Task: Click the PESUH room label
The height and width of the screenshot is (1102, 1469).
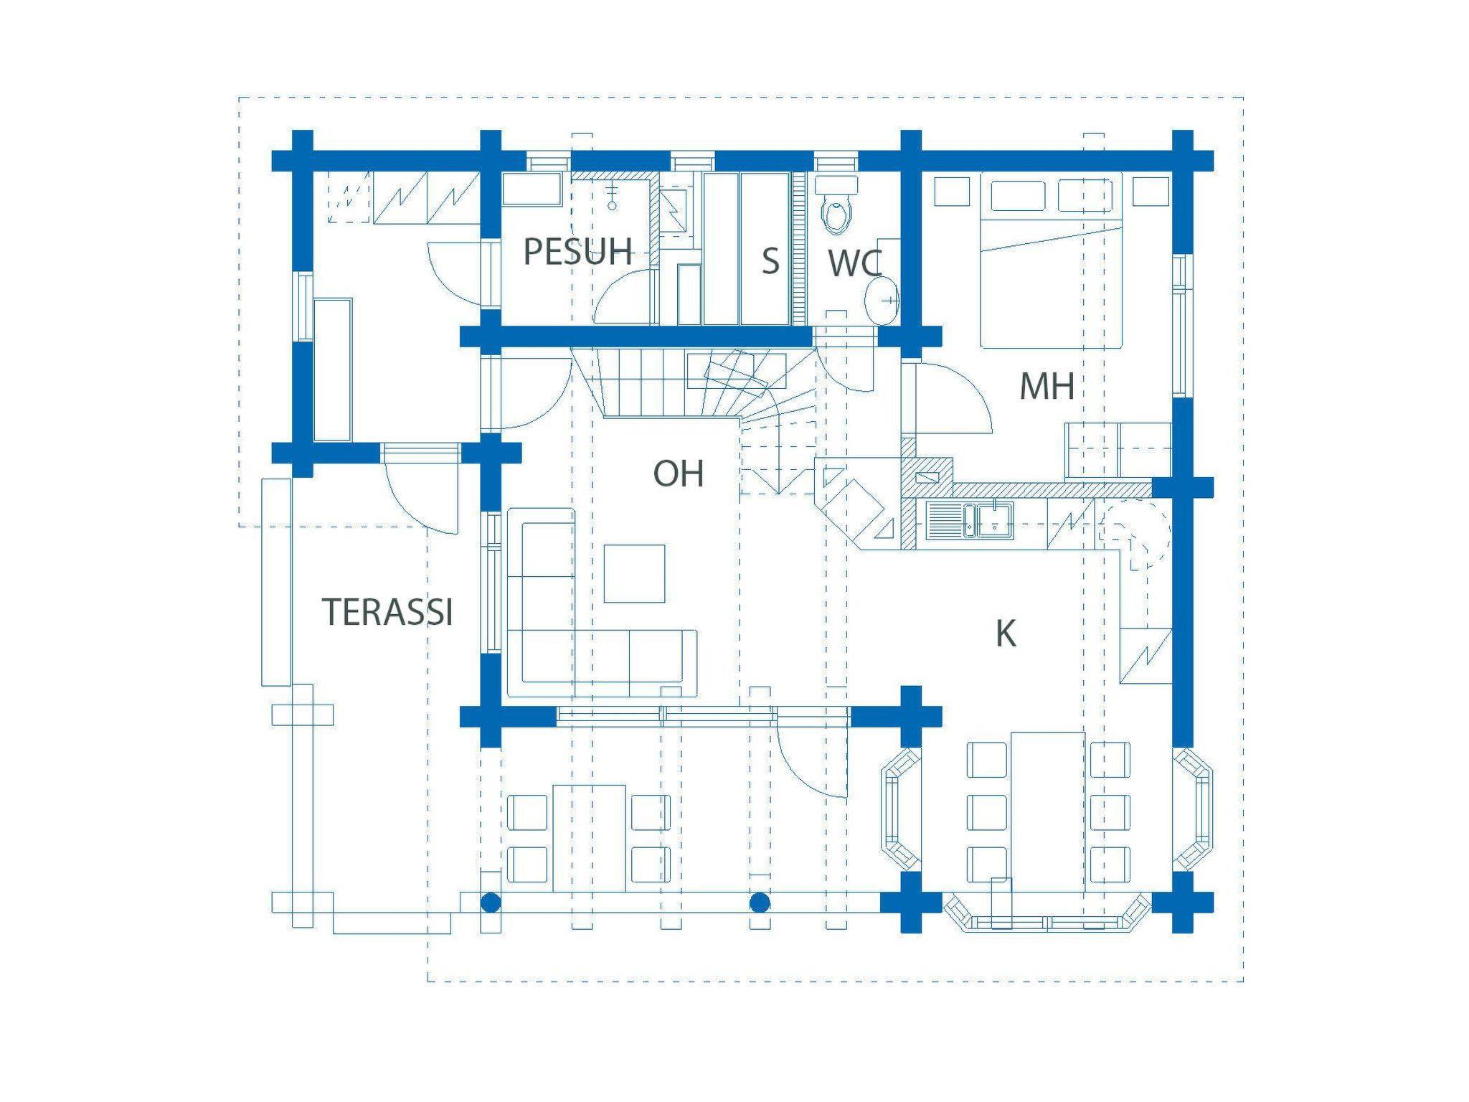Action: tap(578, 252)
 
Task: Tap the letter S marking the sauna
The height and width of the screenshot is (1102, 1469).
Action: tap(770, 261)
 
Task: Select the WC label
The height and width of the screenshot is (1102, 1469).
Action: tap(854, 263)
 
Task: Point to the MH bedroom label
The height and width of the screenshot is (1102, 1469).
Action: tap(1047, 387)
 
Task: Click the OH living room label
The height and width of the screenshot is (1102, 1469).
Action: tap(678, 474)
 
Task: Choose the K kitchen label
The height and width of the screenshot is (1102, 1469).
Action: tap(1006, 634)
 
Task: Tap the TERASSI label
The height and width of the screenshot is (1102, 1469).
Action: tap(387, 612)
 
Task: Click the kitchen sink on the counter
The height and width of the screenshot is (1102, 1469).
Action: tap(969, 520)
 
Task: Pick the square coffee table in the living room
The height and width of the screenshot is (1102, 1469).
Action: tap(634, 573)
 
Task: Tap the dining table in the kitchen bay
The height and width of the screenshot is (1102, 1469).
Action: tap(1047, 811)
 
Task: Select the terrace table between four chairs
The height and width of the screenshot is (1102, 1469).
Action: tap(590, 838)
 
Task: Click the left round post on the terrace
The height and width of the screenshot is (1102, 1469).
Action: tap(490, 903)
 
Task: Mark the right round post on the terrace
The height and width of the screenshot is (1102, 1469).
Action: tap(760, 903)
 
